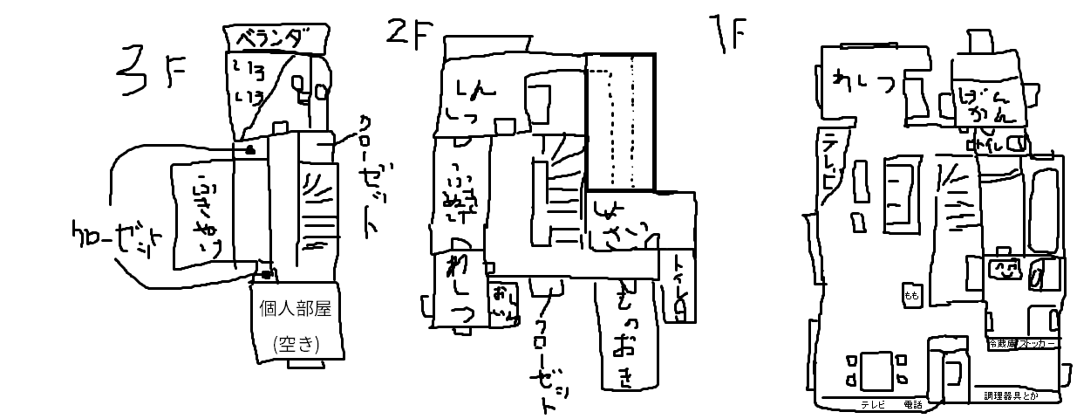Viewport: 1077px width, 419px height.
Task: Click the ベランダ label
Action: [276, 38]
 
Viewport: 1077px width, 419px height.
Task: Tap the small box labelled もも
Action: [911, 295]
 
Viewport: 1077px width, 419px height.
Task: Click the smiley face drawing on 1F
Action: [1004, 268]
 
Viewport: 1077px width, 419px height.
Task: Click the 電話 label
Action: [913, 404]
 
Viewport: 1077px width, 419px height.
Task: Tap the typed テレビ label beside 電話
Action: [873, 404]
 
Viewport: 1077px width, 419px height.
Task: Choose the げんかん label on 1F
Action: [988, 103]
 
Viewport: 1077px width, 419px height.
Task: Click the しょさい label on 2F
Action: [623, 221]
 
